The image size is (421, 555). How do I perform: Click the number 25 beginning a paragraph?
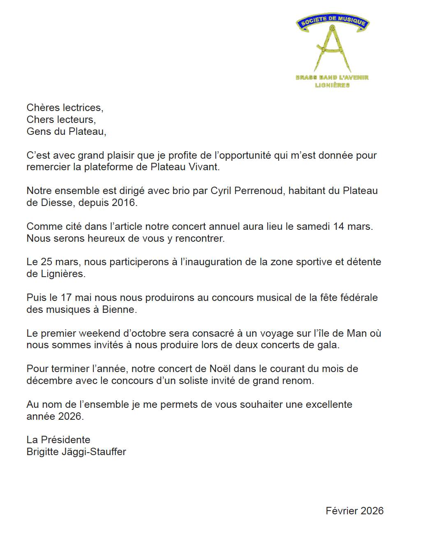46,262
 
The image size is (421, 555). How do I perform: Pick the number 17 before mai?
66,298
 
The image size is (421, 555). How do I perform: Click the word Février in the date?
341,511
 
